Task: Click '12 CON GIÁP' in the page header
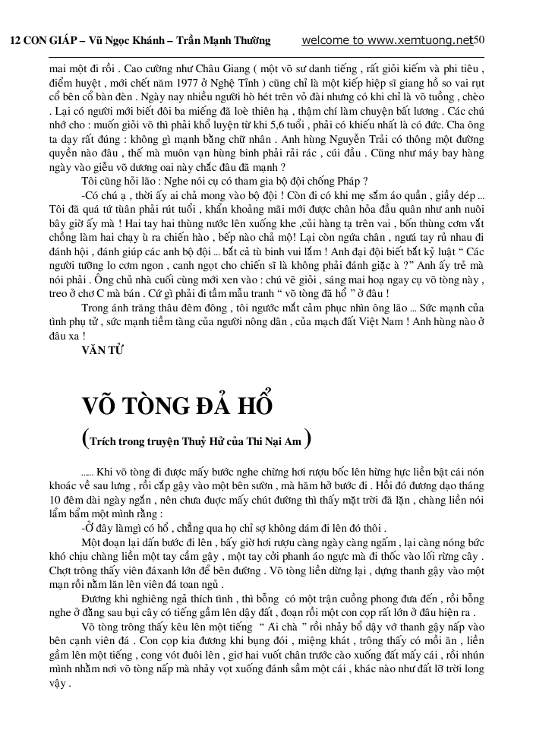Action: (x=37, y=40)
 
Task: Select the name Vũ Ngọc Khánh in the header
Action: (x=115, y=40)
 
